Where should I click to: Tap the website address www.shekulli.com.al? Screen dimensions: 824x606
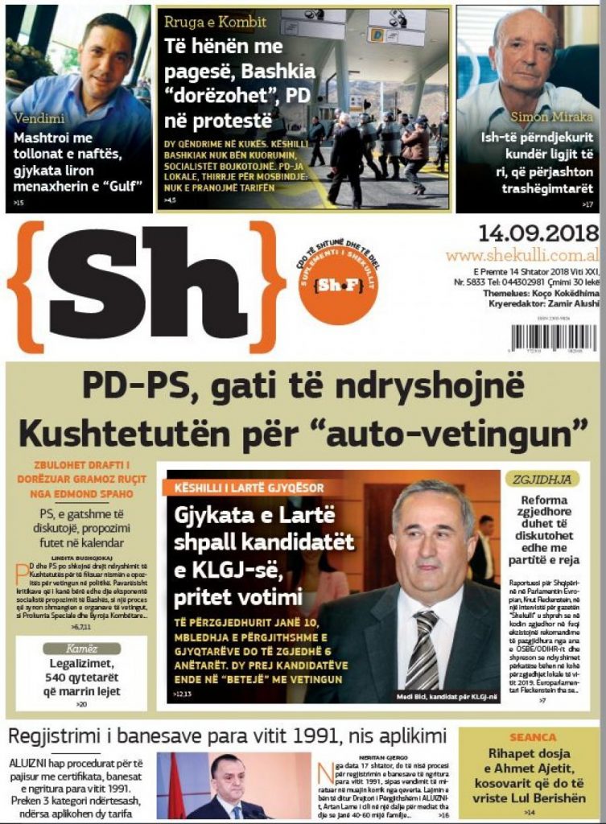(521, 255)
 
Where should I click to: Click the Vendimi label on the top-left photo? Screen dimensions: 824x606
(40, 118)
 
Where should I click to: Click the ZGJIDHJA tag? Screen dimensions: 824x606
(542, 480)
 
